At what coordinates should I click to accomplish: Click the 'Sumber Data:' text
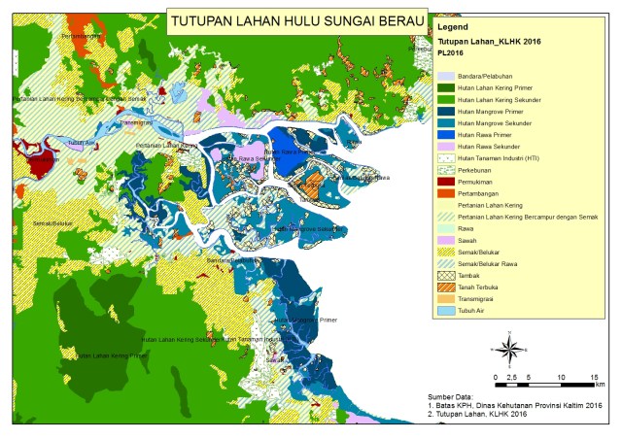(x=452, y=396)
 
